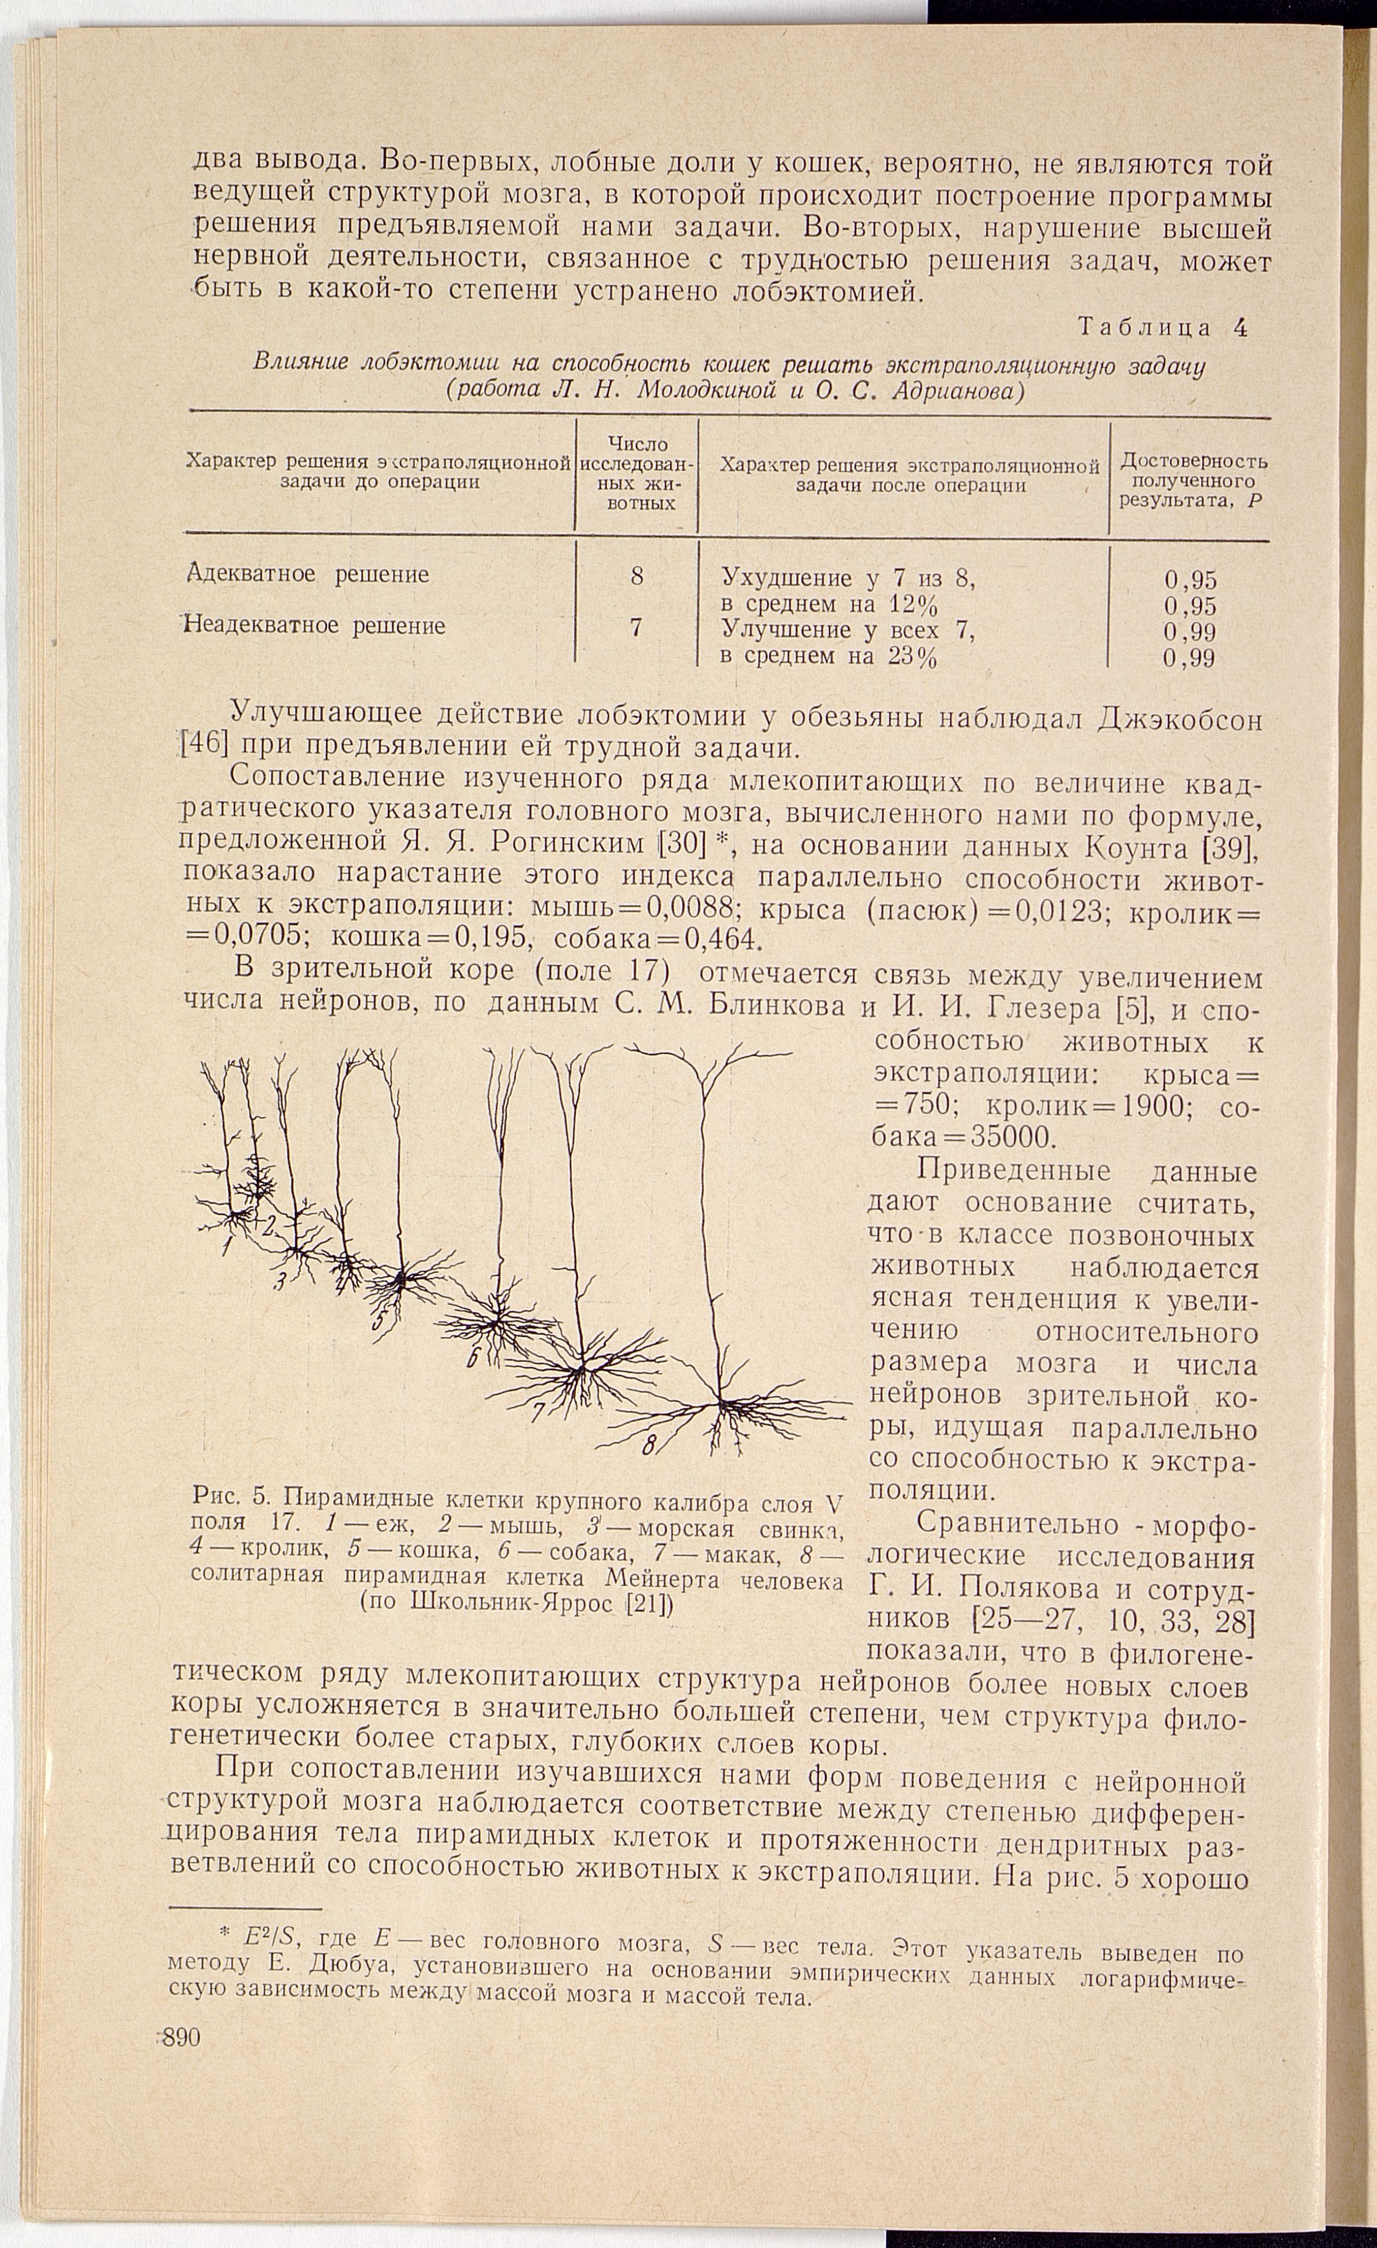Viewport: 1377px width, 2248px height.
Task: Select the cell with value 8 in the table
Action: coord(636,577)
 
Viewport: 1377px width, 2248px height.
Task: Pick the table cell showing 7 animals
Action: coord(636,627)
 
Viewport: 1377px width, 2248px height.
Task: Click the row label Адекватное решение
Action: coord(308,575)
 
